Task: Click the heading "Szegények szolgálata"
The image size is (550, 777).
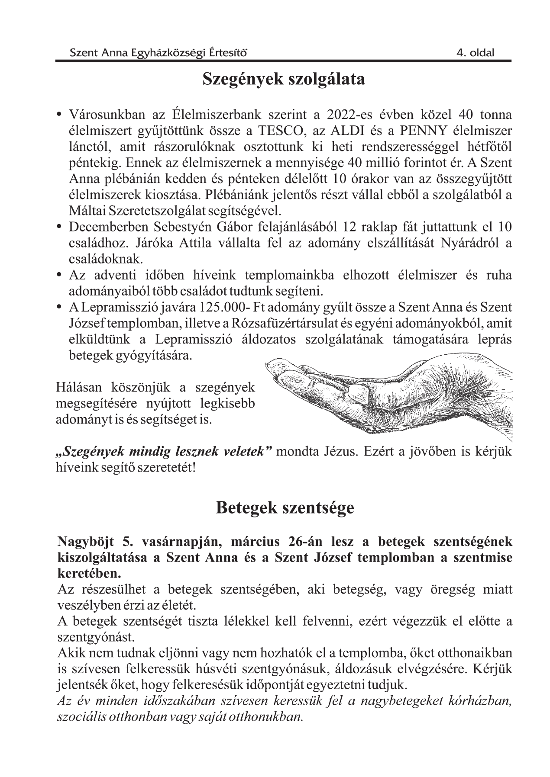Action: pyautogui.click(x=284, y=80)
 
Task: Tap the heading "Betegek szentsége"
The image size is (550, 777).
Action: pyautogui.click(x=285, y=507)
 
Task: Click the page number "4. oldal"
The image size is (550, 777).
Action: pyautogui.click(x=475, y=53)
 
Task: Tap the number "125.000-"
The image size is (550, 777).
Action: pyautogui.click(x=222, y=308)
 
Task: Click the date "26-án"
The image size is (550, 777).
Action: pyautogui.click(x=305, y=542)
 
